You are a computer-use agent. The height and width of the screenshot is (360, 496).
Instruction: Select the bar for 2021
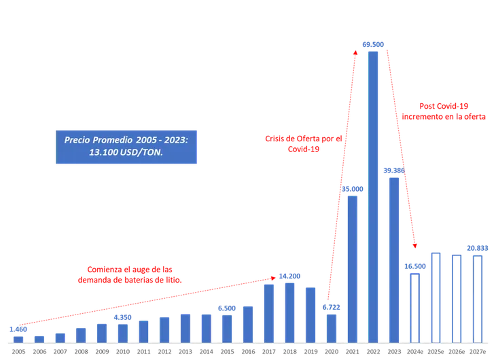pos(352,268)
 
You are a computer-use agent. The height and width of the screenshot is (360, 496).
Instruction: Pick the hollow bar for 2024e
pos(414,307)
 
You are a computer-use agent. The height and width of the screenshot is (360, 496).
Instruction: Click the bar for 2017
pos(268,312)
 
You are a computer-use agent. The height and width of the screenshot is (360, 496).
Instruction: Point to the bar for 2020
pos(331,327)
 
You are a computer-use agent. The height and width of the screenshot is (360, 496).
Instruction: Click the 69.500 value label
pos(373,44)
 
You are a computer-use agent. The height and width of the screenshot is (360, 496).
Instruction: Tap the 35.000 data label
pos(352,189)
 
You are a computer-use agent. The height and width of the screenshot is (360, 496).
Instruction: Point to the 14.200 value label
pos(290,276)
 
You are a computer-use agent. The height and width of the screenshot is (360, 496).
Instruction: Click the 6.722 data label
pos(331,307)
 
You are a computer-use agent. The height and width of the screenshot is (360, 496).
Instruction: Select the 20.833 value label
pos(477,248)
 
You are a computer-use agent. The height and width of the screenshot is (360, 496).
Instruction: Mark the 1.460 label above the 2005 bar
pos(18,329)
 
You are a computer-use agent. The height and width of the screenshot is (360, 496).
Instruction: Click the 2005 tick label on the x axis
pos(18,353)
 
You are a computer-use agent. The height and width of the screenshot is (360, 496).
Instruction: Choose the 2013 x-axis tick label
pos(185,353)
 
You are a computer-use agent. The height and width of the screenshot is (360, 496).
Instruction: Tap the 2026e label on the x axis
pos(456,353)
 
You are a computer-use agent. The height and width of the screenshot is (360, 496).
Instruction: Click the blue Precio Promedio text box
pos(126,146)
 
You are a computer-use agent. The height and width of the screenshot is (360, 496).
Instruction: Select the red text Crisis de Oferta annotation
pos(305,143)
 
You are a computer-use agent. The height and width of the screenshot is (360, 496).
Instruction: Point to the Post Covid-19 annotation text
pos(444,111)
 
